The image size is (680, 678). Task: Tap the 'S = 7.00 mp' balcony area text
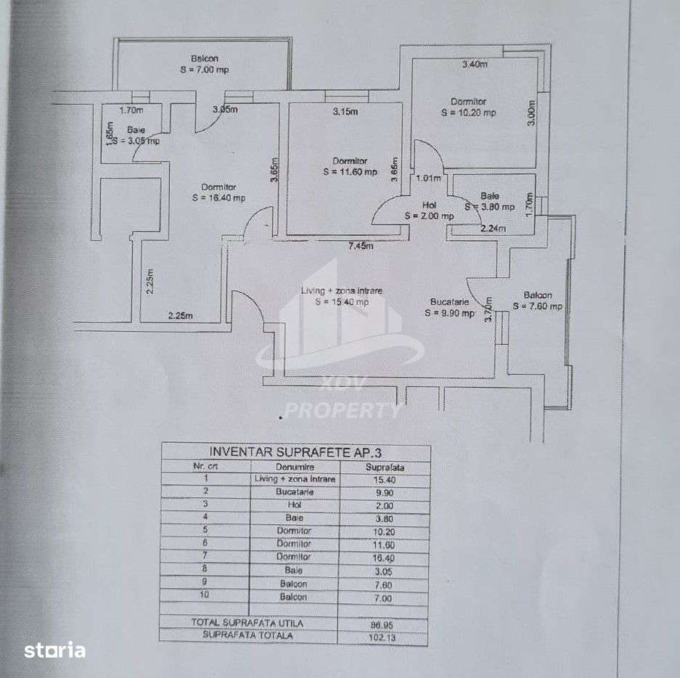tap(205, 70)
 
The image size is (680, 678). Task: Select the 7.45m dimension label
tap(361, 245)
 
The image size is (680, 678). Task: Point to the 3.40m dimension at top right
tap(475, 65)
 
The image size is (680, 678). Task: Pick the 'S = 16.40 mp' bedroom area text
tap(218, 197)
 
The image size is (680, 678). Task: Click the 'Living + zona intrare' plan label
tap(341, 291)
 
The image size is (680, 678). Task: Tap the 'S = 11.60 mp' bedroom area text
tap(350, 172)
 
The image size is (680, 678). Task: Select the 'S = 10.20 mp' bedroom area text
tap(468, 113)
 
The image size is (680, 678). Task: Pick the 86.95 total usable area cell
tap(385, 623)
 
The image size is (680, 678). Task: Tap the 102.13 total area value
tap(385, 637)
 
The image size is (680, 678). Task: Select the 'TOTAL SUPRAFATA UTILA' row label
tap(237, 623)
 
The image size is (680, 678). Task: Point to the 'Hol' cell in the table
tap(294, 505)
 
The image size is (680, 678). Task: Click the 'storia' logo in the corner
tap(55, 650)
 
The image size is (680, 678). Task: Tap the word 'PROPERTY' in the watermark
tap(341, 411)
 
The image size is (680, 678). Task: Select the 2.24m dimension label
tap(493, 229)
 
